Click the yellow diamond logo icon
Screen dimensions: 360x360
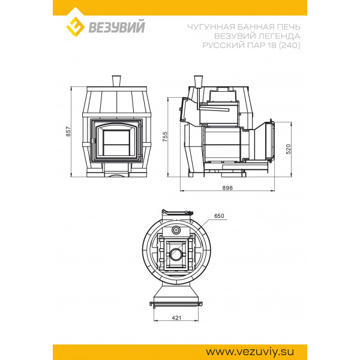click(75, 26)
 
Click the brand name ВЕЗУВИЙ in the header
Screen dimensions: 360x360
click(116, 26)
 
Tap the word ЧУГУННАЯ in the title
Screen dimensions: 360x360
click(211, 27)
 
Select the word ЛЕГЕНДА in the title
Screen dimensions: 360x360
click(279, 36)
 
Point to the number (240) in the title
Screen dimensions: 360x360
click(289, 45)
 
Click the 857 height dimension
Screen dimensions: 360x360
click(68, 131)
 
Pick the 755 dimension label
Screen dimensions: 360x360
click(165, 137)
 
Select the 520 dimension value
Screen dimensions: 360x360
click(289, 149)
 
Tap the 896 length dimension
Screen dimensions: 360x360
click(227, 188)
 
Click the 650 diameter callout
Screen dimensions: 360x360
click(219, 216)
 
